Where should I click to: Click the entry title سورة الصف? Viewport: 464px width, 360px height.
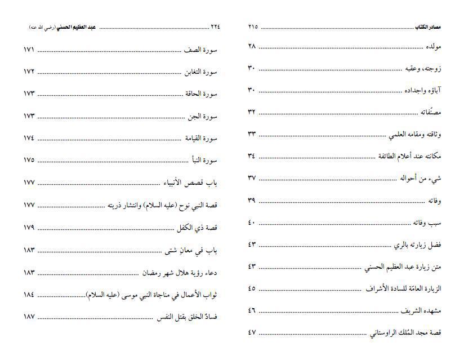[x=201, y=50]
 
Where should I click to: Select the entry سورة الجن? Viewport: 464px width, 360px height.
[x=203, y=116]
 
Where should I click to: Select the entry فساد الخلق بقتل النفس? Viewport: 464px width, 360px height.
[x=187, y=317]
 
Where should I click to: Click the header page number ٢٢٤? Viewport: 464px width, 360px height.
[x=215, y=27]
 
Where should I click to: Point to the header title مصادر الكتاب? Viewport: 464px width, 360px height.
[x=428, y=27]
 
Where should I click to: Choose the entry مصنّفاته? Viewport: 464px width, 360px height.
[x=430, y=112]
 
